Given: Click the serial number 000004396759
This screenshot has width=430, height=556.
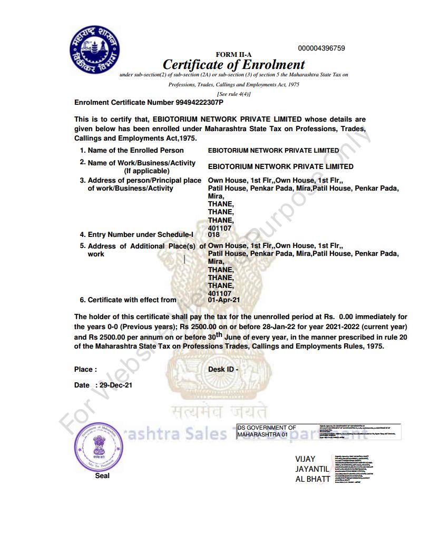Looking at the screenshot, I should click(321, 48).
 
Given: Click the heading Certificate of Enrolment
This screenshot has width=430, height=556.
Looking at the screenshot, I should click(233, 65).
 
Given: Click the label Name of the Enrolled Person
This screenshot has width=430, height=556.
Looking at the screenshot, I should click(135, 150).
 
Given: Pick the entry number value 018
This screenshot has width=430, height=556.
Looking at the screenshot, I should click(214, 235).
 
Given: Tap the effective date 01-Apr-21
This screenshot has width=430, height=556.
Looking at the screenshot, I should click(224, 300).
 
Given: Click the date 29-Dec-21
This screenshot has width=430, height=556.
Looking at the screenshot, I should click(115, 385).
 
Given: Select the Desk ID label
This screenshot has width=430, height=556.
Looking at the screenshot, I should click(223, 370).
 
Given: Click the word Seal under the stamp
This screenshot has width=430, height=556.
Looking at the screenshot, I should click(102, 475).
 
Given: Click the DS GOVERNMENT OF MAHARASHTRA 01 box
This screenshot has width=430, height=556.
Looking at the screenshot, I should click(267, 431).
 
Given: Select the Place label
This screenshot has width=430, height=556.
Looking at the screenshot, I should click(85, 370).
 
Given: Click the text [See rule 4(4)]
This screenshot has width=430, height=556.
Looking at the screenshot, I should click(233, 93).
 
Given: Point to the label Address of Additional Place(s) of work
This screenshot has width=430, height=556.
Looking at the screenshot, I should click(142, 250).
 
